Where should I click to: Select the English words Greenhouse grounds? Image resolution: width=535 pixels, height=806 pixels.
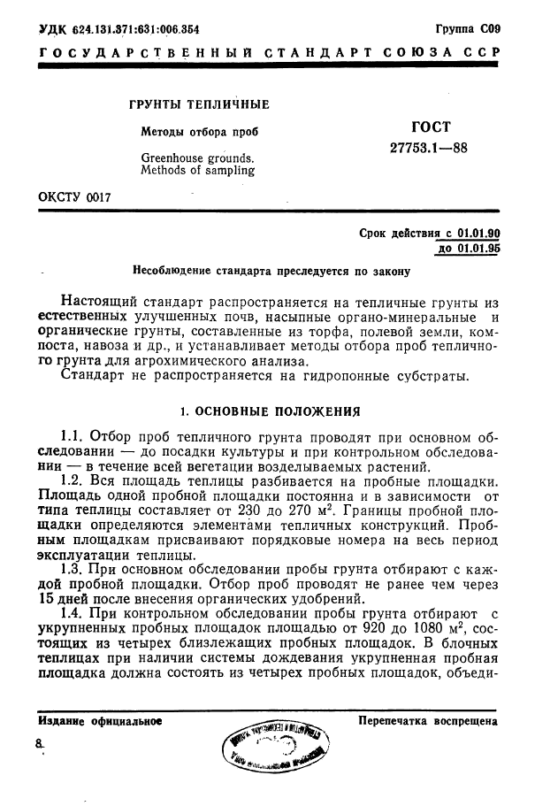[x=197, y=158]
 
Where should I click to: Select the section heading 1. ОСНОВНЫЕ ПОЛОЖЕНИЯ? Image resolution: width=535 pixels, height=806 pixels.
[x=270, y=411]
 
